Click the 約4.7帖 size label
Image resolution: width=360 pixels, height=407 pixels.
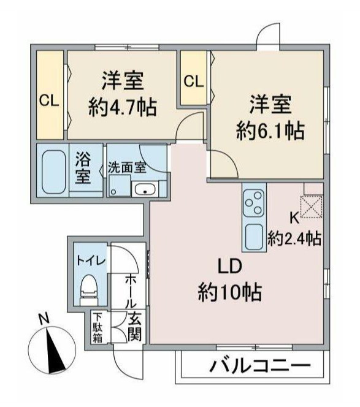[122, 108]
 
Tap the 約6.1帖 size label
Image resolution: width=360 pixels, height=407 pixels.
[270, 129]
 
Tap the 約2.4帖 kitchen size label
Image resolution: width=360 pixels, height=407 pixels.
[295, 238]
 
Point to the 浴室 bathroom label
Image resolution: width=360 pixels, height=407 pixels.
[83, 169]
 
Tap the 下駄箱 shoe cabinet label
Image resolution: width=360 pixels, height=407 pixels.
[98, 328]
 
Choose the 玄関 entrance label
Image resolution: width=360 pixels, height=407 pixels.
[135, 328]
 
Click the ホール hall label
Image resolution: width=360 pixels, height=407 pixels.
[131, 292]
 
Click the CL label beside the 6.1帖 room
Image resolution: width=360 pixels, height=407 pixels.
[193, 80]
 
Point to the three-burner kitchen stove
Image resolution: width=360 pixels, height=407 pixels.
[253, 202]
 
